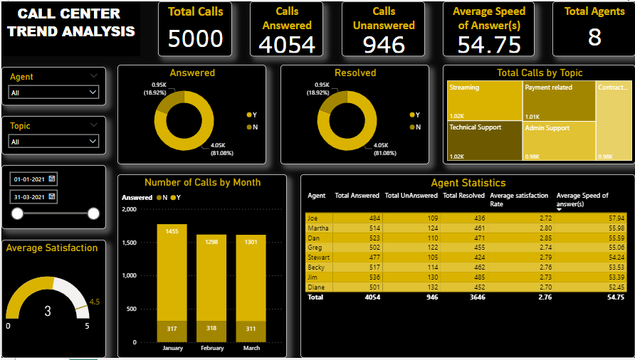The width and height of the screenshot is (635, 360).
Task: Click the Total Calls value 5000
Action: pyautogui.click(x=195, y=38)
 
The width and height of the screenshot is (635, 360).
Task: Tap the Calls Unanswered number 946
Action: pyautogui.click(x=384, y=44)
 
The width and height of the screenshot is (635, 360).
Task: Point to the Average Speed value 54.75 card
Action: pyautogui.click(x=489, y=44)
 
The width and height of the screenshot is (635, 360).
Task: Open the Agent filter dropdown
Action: pyautogui.click(x=53, y=92)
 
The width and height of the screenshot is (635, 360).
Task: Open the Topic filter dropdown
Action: pyautogui.click(x=53, y=142)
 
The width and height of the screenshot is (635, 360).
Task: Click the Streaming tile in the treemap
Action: pyautogui.click(x=483, y=100)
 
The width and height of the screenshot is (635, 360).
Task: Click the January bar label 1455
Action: pyautogui.click(x=172, y=231)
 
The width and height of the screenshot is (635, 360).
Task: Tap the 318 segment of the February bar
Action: pyautogui.click(x=211, y=329)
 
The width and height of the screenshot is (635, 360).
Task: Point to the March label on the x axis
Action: pyautogui.click(x=251, y=348)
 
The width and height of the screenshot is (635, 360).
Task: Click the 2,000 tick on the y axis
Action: pyautogui.click(x=130, y=210)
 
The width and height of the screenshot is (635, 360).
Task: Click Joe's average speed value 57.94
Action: pyautogui.click(x=616, y=218)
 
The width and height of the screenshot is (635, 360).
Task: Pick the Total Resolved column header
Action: pyautogui.click(x=463, y=196)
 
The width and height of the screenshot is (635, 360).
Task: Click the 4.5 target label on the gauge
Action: pyautogui.click(x=95, y=301)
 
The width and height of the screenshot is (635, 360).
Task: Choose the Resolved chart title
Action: pyautogui.click(x=355, y=73)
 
